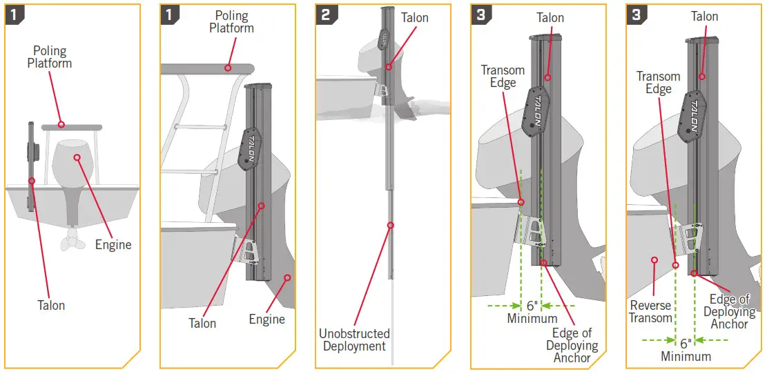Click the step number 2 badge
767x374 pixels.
coord(325,14)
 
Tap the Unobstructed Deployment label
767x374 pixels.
coord(354,339)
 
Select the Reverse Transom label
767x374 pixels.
coord(650,311)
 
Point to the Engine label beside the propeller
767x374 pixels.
coord(113,244)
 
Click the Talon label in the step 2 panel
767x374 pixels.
coord(414,18)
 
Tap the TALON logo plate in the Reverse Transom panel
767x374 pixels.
coord(692,115)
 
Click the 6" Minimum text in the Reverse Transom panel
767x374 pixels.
coord(686,349)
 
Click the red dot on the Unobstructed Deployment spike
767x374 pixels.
coord(391,225)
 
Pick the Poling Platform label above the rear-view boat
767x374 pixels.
coord(50,57)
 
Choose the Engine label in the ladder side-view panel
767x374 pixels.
coord(266,319)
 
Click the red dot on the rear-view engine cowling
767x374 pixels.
coord(77,157)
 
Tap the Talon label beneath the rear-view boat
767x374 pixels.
coord(51,304)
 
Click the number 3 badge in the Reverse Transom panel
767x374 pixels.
coord(636,14)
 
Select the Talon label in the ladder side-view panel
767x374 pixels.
coord(202,323)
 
